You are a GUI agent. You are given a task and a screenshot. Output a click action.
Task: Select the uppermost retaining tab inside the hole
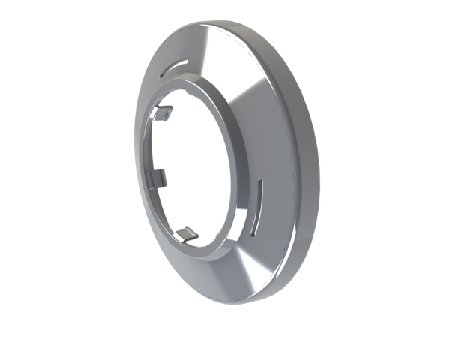click(165, 113)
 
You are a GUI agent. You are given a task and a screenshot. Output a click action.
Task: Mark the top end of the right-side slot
click(261, 181)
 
